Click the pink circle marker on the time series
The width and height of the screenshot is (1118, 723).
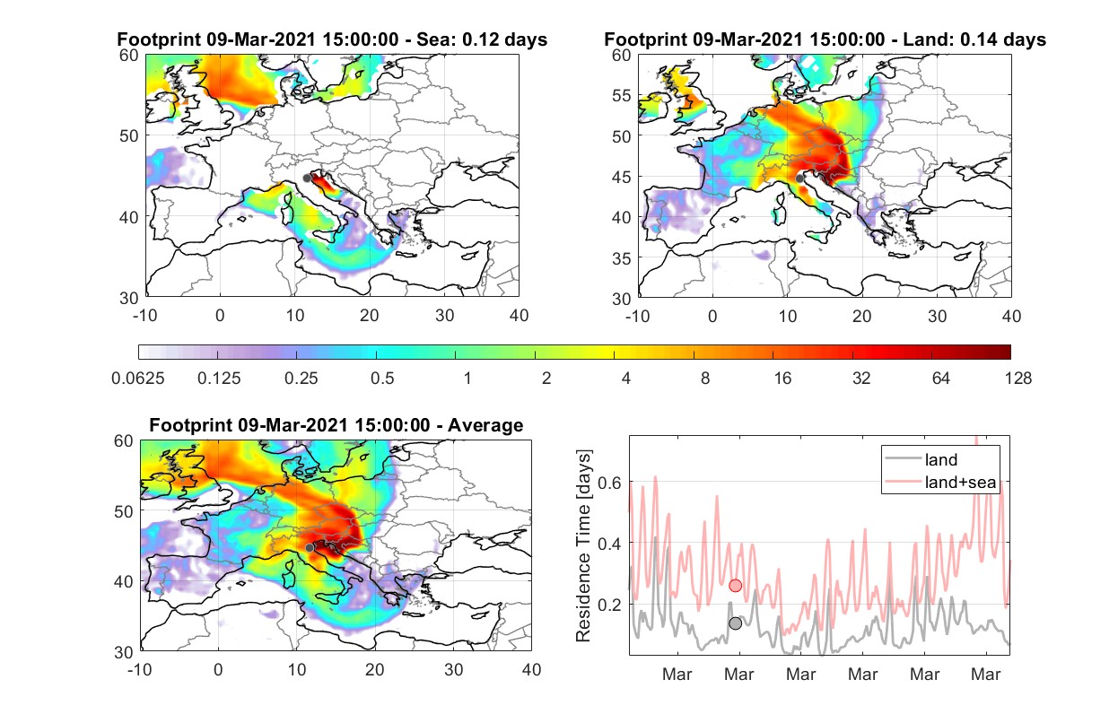point(735,585)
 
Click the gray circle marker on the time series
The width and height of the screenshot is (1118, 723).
point(735,623)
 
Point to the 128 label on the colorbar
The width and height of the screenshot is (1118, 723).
point(1018,379)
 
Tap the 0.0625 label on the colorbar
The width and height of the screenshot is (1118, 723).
point(138,379)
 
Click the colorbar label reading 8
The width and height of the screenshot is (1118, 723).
point(704,379)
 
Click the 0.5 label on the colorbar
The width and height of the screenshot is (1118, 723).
point(382,379)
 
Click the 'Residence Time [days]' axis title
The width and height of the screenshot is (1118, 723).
point(583,545)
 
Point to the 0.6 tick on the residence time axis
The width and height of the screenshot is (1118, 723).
point(609,483)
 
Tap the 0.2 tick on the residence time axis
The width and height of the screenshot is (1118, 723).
point(609,605)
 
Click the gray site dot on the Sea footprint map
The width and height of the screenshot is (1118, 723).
point(307,179)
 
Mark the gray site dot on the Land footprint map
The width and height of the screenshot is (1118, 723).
point(799,179)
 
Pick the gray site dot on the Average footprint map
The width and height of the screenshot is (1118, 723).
point(310,547)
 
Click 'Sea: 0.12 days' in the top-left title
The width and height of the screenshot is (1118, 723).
point(482,39)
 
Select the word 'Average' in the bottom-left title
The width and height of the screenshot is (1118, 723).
point(485,425)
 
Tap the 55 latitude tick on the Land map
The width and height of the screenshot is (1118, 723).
point(622,95)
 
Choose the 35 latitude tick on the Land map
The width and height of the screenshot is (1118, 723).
point(622,258)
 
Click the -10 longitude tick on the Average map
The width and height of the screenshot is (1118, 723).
point(139,669)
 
